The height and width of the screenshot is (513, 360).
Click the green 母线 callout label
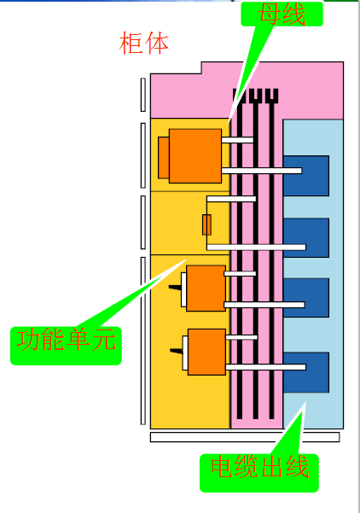282,14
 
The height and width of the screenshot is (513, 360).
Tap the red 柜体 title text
143,44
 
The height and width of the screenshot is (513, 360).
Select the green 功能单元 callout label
66,346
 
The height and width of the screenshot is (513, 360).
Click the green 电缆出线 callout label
259,473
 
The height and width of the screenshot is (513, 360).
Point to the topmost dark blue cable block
306,176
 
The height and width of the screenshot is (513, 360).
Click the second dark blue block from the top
306,238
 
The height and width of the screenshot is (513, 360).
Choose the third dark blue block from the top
306,298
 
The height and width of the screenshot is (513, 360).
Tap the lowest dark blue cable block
306,372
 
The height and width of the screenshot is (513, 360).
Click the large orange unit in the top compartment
195,156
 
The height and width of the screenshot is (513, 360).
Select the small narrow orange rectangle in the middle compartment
206,224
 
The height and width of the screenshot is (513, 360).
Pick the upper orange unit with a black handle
206,289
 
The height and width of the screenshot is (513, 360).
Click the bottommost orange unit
206,352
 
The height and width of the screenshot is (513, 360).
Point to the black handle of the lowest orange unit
177,351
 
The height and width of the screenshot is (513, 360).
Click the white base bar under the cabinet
245,437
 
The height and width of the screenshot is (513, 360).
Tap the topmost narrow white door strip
142,95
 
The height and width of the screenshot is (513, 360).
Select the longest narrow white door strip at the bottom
142,341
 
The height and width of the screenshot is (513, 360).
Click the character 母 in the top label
270,14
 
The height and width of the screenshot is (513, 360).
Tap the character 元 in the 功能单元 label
104,340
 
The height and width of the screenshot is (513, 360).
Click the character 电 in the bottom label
224,467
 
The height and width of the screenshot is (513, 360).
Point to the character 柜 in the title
131,44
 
